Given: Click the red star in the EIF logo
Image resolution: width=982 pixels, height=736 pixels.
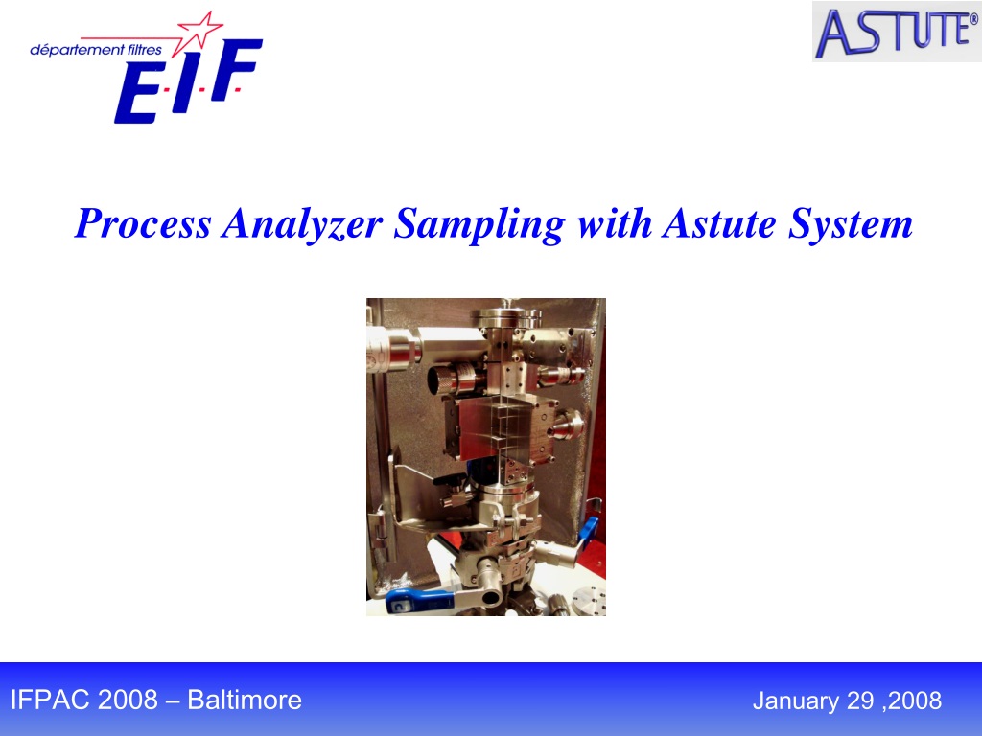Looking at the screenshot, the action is [x=199, y=29].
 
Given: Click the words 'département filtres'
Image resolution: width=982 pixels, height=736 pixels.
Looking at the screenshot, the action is [x=96, y=50].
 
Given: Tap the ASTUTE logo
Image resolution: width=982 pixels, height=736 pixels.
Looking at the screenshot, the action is [x=897, y=32].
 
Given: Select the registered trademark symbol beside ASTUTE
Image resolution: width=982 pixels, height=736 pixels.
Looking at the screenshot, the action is [x=973, y=19].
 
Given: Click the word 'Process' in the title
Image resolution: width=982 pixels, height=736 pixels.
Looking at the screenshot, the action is [x=143, y=223].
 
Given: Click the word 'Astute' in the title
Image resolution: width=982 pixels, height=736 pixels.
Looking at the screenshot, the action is [x=719, y=223].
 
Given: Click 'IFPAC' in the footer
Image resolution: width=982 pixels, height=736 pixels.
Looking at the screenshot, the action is [x=50, y=700].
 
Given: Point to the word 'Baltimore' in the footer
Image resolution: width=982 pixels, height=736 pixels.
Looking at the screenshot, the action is [x=245, y=700].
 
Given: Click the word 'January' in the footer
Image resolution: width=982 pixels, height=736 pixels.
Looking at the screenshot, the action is [x=795, y=701].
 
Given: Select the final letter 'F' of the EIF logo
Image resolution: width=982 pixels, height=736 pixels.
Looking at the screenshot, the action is [x=236, y=69].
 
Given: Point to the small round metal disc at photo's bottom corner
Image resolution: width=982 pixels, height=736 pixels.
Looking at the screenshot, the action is [x=590, y=599].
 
